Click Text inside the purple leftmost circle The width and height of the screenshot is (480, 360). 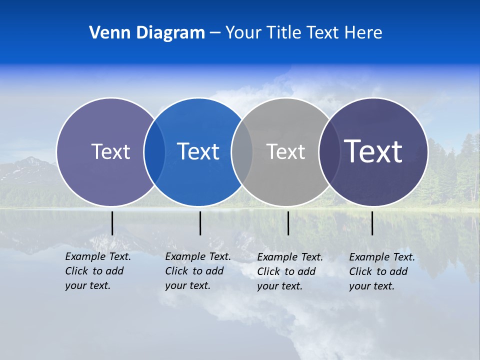tap(110, 151)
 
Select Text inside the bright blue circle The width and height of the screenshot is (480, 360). tap(198, 151)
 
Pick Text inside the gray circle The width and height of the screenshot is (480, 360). tap(285, 151)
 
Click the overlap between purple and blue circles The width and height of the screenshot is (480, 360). tap(154, 151)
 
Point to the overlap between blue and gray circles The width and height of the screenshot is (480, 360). tap(242, 151)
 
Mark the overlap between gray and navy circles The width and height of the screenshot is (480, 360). tap(328, 151)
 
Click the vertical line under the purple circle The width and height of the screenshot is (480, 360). tap(112, 223)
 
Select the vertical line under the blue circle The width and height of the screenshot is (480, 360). tap(200, 223)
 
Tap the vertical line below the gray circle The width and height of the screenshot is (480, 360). tap(288, 223)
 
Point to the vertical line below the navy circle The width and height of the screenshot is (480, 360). tap(372, 223)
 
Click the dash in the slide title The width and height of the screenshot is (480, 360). tap(215, 33)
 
